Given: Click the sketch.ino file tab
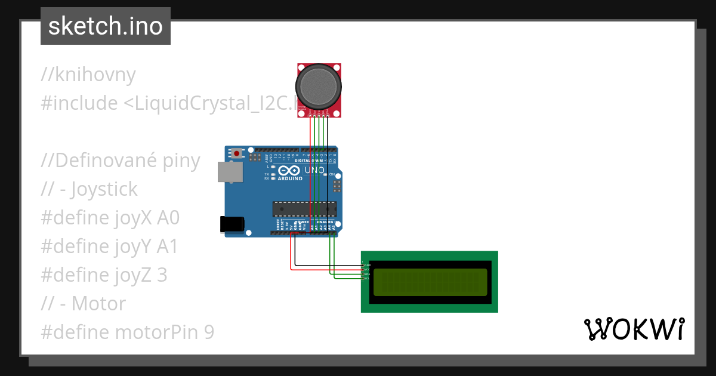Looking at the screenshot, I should click(x=106, y=26).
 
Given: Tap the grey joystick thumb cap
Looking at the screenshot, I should click(x=319, y=87).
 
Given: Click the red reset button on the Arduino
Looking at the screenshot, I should click(x=237, y=153).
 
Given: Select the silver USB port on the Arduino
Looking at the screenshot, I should click(x=230, y=172).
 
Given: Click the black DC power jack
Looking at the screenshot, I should click(x=232, y=224).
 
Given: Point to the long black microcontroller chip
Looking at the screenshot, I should click(x=304, y=209).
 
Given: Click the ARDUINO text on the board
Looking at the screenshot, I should click(x=291, y=178).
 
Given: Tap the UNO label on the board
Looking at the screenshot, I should click(x=314, y=171).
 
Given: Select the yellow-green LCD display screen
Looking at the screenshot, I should click(x=430, y=282).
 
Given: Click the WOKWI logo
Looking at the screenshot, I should click(x=634, y=329).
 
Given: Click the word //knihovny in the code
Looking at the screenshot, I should click(x=88, y=75).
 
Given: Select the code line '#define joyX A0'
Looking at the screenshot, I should click(x=110, y=218).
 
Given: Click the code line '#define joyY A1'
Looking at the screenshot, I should click(x=109, y=246).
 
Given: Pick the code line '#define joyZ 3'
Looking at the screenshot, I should click(x=104, y=275).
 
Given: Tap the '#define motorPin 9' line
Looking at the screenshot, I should click(x=127, y=332).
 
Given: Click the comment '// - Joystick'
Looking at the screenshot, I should click(x=89, y=189).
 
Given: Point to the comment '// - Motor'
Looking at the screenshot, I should click(x=84, y=304).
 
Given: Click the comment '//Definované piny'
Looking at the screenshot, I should click(x=121, y=161).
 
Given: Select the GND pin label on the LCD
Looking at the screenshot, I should click(x=367, y=265).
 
